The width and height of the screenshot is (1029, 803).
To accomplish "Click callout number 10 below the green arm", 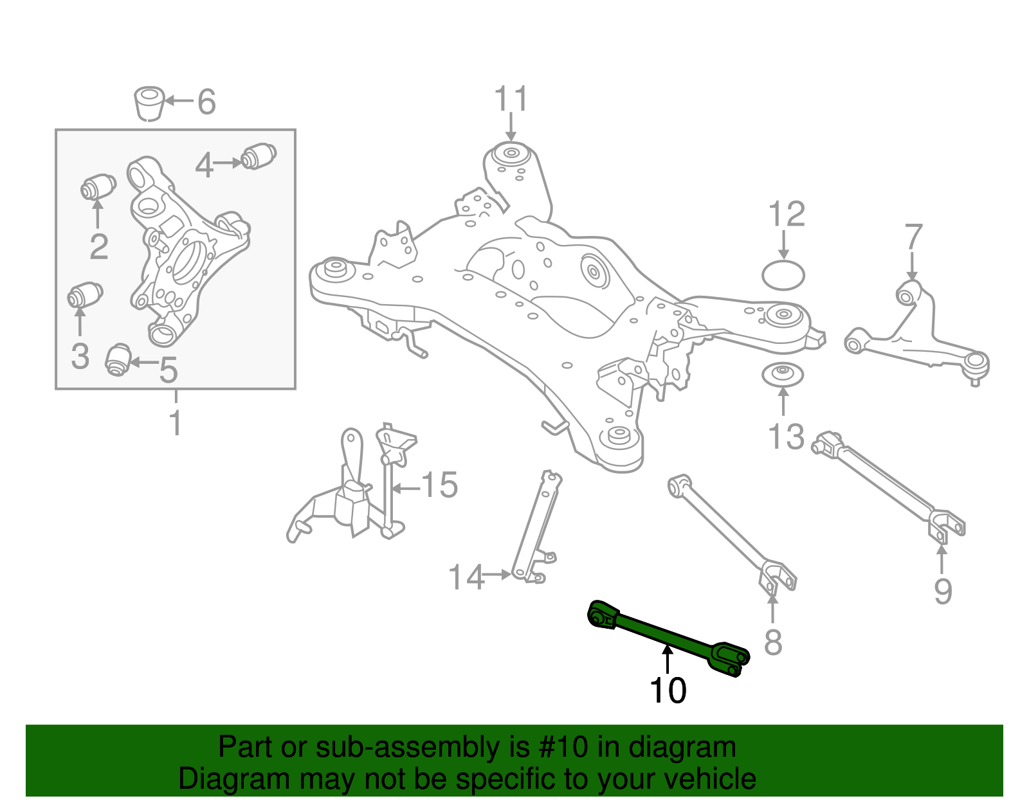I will click(x=668, y=690).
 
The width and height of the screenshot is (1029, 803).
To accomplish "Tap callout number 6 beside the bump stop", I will click(x=206, y=102).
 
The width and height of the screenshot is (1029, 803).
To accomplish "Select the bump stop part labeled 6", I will click(x=149, y=102).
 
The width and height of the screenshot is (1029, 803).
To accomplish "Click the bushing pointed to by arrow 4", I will click(x=259, y=156).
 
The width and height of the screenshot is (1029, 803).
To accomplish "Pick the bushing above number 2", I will click(x=98, y=187).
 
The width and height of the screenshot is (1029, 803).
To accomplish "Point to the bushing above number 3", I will click(x=85, y=295).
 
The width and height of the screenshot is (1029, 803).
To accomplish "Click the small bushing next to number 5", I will click(x=118, y=359).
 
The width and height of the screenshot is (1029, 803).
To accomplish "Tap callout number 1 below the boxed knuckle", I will click(x=175, y=423).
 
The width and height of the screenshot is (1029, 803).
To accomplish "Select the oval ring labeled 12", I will click(x=783, y=275).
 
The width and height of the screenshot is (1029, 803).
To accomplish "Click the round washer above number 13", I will click(x=783, y=375).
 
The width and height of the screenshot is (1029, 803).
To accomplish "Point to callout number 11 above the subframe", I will click(x=511, y=100).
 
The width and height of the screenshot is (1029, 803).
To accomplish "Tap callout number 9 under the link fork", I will click(x=942, y=590).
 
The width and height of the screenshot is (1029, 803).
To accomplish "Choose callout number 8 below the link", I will click(x=772, y=641).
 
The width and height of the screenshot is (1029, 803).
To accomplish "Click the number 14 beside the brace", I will click(x=466, y=577).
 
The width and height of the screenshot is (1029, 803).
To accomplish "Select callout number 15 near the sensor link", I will click(x=439, y=485).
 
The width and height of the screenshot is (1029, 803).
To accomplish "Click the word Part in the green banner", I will click(x=241, y=748).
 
